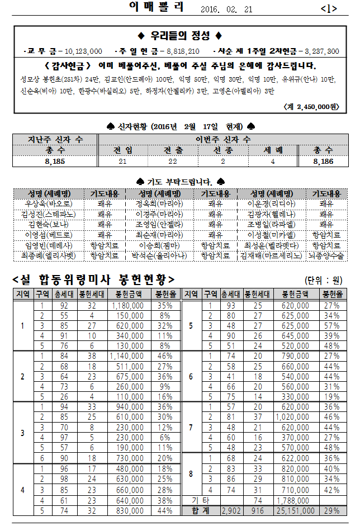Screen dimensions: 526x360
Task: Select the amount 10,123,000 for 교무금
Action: point(79,51)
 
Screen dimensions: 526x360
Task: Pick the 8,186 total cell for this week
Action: point(323,161)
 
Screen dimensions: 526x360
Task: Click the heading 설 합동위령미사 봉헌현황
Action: point(93,279)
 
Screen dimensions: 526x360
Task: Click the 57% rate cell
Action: point(331,326)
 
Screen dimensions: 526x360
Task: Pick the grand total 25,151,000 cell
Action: point(296,511)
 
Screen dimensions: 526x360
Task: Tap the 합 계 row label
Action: point(200,511)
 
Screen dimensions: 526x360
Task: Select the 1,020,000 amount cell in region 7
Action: point(296,417)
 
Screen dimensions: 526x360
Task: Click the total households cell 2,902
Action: point(231,511)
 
